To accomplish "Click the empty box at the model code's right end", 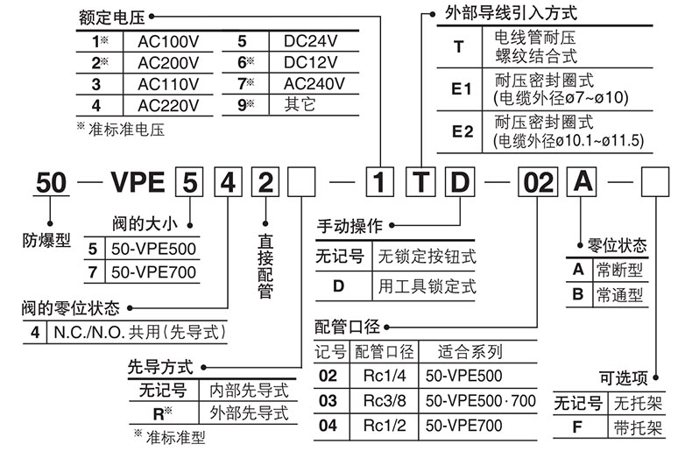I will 656,184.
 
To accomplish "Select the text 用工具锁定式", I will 427,286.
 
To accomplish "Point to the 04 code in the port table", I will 328,426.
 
